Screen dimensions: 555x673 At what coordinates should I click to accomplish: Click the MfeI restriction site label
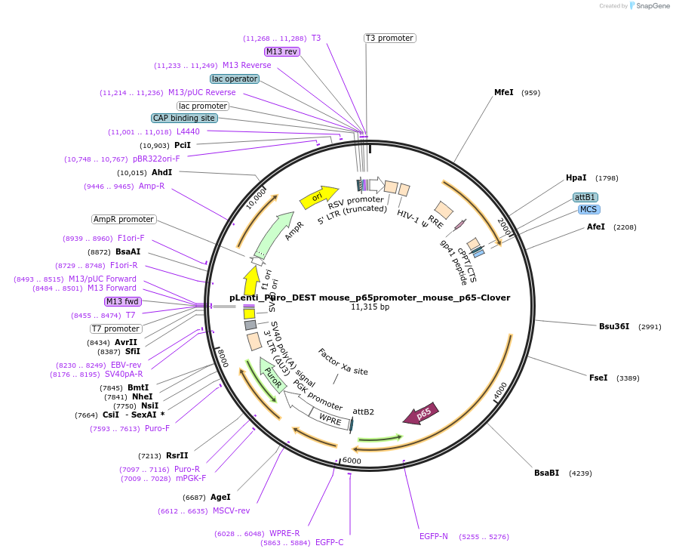pos(503,92)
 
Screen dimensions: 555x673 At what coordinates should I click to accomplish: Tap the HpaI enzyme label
pos(576,178)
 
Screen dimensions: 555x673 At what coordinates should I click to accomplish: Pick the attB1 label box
pos(585,197)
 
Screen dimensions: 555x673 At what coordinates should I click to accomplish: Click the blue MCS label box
pos(588,209)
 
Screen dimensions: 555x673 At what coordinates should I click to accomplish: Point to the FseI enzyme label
pos(598,378)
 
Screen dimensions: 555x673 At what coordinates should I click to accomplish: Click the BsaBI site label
pos(546,473)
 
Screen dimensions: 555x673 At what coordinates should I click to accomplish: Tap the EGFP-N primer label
pos(434,536)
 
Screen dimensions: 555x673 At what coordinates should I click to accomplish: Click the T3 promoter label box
pos(389,38)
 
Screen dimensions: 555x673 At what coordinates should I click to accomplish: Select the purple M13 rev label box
pos(282,51)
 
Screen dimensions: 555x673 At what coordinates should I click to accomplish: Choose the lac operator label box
pos(235,79)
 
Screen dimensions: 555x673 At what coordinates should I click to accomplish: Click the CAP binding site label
pos(184,118)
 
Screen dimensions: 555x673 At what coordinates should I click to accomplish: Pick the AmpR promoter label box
pos(124,219)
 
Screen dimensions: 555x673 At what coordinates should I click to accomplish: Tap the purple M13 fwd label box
pos(123,301)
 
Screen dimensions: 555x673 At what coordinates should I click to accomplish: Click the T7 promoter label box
pos(116,328)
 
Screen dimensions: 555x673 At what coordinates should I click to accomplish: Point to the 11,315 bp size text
pos(370,307)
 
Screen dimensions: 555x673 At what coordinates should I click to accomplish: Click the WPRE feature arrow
pos(330,418)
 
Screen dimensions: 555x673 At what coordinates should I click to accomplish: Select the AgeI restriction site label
pos(220,497)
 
